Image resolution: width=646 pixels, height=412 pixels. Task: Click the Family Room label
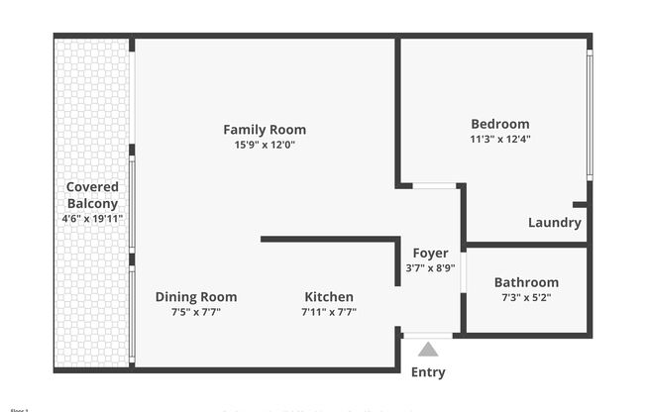point(264,130)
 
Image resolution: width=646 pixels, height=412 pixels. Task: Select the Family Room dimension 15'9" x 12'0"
point(264,145)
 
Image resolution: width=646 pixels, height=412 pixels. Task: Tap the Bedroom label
point(499,124)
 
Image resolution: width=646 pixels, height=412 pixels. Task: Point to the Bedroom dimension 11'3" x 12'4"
point(499,139)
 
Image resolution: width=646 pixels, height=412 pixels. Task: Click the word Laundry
point(554,223)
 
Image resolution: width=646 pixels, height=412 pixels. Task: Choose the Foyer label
point(430,254)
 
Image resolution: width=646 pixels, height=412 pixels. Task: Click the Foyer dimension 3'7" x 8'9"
point(430,268)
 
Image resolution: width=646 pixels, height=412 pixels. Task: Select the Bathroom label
point(526,282)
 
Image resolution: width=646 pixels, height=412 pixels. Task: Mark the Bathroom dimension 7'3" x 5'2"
point(526,297)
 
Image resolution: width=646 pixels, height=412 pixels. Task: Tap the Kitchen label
point(329,297)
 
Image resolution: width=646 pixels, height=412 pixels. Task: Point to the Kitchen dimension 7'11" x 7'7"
point(329,312)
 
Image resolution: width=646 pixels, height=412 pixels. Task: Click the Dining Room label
point(196,297)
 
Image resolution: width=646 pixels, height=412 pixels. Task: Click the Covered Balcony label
point(92,195)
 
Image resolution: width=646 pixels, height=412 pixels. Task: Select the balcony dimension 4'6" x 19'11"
point(92,218)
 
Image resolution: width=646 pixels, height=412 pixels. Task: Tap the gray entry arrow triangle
point(428,349)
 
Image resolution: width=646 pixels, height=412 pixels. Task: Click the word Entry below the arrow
point(428,372)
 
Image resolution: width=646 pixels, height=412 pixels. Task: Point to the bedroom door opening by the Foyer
point(434,185)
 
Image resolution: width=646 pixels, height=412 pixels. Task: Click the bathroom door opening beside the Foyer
point(463,272)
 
